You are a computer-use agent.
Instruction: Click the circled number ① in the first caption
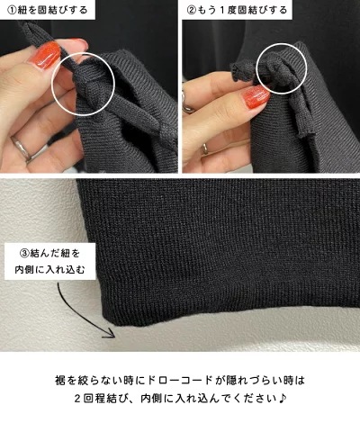point(11,10)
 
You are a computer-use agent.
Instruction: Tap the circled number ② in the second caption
point(192,10)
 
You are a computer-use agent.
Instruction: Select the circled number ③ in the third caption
point(24,254)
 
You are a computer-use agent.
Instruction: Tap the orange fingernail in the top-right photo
point(256,96)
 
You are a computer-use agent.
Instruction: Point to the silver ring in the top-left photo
point(24,148)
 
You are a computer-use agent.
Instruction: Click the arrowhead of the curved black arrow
point(110,333)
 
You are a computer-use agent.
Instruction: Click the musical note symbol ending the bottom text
point(283,399)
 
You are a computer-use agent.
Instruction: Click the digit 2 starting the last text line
point(77,399)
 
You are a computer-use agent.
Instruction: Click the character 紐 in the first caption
point(23,10)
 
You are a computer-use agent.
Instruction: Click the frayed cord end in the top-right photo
point(240,73)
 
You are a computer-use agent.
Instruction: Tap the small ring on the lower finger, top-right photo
point(205,148)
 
